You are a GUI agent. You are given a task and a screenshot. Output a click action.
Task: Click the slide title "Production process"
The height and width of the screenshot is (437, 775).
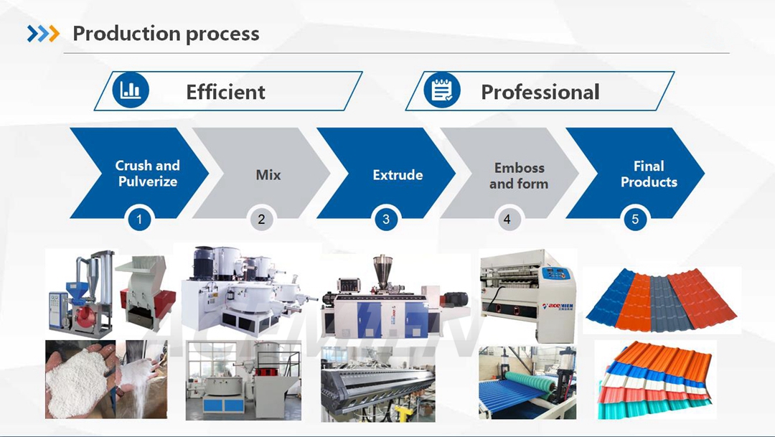click(166, 34)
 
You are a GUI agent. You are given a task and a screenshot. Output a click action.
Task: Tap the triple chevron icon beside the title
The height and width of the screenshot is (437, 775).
click(44, 34)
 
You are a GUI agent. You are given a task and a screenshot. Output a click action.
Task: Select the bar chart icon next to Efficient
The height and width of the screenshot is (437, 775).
click(131, 90)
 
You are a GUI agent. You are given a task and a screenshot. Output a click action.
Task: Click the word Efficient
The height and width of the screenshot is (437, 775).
click(225, 92)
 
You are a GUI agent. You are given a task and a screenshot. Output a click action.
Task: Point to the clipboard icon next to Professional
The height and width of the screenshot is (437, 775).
click(442, 90)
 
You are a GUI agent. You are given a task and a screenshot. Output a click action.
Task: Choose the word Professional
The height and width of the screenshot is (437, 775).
click(540, 92)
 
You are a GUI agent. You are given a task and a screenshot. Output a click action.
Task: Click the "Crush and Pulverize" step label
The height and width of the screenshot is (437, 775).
click(147, 174)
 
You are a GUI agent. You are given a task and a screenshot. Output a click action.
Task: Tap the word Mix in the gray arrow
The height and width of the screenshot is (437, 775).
click(268, 174)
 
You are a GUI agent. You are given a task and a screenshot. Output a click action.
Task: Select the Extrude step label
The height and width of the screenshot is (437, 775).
click(398, 175)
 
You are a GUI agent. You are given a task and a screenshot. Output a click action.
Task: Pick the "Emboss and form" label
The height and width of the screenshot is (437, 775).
click(519, 176)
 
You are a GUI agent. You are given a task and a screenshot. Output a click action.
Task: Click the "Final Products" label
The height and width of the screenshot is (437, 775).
click(649, 174)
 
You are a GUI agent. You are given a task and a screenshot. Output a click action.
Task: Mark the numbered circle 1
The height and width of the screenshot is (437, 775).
click(139, 219)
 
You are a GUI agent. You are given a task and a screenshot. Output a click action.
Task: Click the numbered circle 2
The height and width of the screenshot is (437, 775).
click(261, 219)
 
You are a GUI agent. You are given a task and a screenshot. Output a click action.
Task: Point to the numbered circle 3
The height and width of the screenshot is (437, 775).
click(386, 219)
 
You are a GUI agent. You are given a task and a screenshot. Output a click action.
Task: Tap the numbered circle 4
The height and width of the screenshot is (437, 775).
click(507, 219)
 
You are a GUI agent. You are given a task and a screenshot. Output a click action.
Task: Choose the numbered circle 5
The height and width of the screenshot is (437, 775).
click(635, 219)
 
